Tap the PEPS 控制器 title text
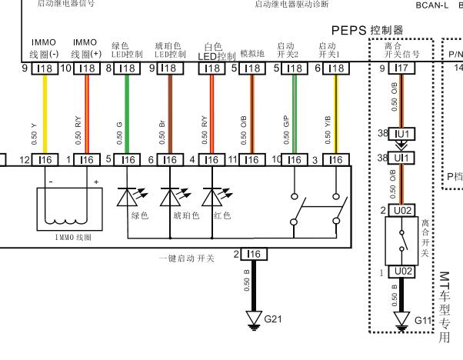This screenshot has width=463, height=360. (367, 29)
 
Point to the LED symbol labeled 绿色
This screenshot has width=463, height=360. (128, 198)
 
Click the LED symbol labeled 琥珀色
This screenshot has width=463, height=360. (169, 198)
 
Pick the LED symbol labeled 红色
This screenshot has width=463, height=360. (212, 198)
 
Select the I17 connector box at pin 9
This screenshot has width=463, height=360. (401, 68)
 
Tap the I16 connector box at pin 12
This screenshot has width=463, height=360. (45, 159)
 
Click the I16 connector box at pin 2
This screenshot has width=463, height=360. (255, 254)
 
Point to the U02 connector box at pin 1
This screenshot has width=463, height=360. (401, 272)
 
